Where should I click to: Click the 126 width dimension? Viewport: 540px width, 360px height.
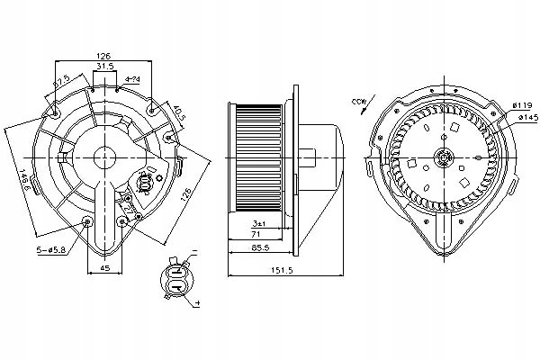[x=104, y=57]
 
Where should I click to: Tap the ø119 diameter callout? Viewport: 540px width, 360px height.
[x=525, y=106]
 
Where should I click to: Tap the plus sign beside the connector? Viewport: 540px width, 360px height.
[x=194, y=305]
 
